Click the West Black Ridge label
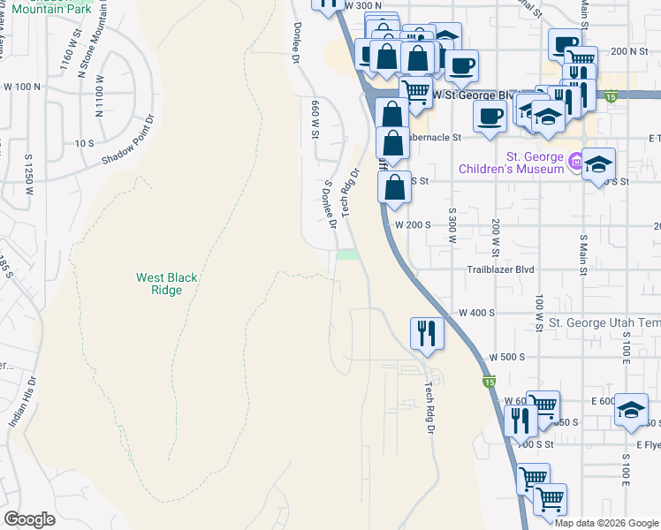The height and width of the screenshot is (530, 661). click(x=166, y=284)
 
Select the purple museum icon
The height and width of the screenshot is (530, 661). click(x=576, y=162)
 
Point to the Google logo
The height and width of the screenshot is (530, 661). click(x=29, y=519)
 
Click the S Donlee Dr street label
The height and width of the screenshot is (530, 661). click(x=330, y=204)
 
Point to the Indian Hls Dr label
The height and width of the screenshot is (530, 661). click(x=24, y=403)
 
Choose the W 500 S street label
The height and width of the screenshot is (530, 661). click(x=510, y=357)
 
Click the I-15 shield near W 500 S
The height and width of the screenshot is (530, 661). click(x=489, y=381)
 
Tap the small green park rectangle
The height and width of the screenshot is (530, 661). click(x=348, y=255)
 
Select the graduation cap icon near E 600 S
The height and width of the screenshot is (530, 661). click(x=631, y=409)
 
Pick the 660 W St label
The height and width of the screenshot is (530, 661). click(x=314, y=119)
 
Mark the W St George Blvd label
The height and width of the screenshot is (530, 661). click(x=475, y=95)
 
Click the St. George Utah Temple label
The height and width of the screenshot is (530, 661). click(x=604, y=325)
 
